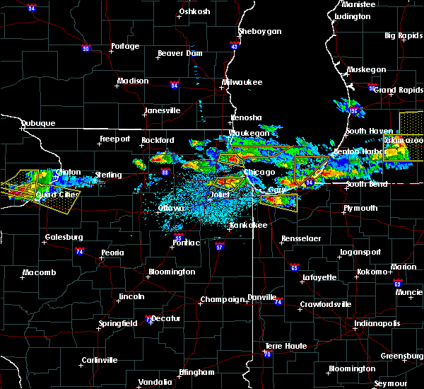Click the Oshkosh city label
[195, 11]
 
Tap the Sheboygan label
[259, 31]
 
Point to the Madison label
[133, 81]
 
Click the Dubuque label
[38, 123]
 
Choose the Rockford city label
[158, 140]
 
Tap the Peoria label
[112, 252]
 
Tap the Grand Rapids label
[394, 90]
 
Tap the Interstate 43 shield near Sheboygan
[235, 45]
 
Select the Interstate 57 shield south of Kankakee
[220, 247]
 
